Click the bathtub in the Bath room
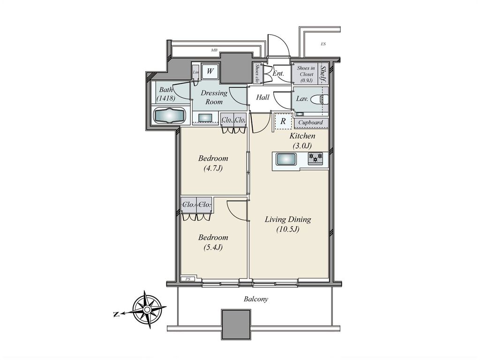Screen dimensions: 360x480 [170, 115]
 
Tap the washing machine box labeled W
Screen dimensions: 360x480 [210, 71]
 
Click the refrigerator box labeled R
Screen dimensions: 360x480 [283, 121]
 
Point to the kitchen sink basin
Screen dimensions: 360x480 [285, 159]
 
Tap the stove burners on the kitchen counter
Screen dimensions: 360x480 [315, 158]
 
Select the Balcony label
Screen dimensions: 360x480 [256, 299]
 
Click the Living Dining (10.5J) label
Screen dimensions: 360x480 [287, 224]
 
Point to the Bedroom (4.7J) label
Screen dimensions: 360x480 [213, 163]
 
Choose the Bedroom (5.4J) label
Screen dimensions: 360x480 [213, 242]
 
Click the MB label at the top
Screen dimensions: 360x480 [214, 50]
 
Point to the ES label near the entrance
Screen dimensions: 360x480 [323, 45]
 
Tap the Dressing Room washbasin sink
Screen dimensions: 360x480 [205, 118]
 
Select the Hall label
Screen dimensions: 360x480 [262, 97]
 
